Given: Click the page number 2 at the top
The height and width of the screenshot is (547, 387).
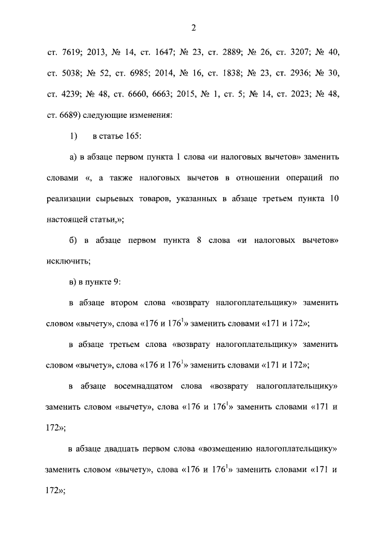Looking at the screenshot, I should click(193, 27).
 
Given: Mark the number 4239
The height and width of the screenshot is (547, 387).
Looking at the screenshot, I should click(71, 94).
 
